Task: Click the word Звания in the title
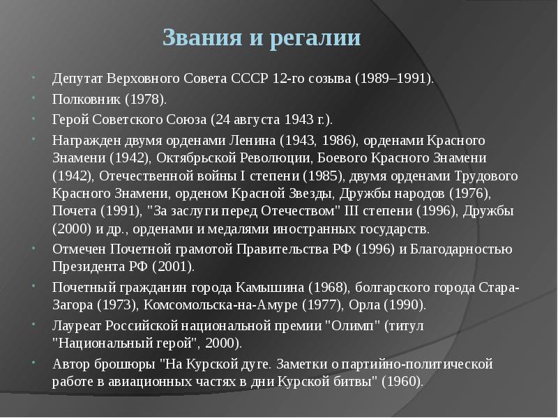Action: coord(202,38)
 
